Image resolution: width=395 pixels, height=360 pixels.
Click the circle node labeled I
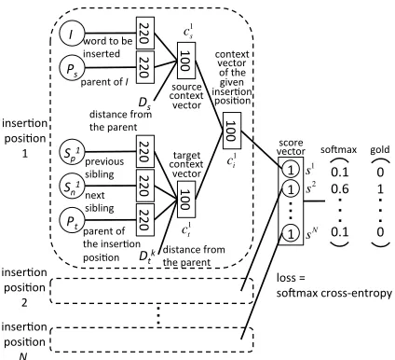pyautogui.click(x=72, y=34)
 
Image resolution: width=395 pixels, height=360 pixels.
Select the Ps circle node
pyautogui.click(x=72, y=68)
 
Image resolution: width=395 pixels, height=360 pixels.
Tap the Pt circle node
pyautogui.click(x=72, y=220)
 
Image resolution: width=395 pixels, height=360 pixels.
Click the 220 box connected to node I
pyautogui.click(x=145, y=33)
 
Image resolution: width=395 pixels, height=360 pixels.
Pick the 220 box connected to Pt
pyautogui.click(x=145, y=220)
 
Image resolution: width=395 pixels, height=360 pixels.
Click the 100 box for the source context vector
pyautogui.click(x=186, y=61)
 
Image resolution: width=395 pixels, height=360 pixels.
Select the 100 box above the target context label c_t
pyautogui.click(x=186, y=200)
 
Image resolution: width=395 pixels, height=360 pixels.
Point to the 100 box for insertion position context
pyautogui.click(x=232, y=131)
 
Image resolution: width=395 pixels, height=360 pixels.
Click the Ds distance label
pyautogui.click(x=144, y=104)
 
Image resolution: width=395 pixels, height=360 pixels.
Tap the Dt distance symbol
pyautogui.click(x=147, y=256)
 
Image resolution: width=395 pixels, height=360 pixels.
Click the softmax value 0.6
pyautogui.click(x=339, y=188)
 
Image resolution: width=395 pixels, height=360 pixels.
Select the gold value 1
pyautogui.click(x=380, y=188)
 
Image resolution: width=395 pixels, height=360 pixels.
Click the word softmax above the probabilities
pyautogui.click(x=338, y=150)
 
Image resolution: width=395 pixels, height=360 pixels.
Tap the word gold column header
pyautogui.click(x=380, y=150)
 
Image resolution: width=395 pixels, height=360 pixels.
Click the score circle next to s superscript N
pyautogui.click(x=291, y=234)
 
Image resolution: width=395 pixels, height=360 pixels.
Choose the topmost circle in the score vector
pyautogui.click(x=291, y=170)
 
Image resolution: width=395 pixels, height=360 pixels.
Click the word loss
pyautogui.click(x=286, y=278)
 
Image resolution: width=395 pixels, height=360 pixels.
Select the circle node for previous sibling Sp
pyautogui.click(x=72, y=152)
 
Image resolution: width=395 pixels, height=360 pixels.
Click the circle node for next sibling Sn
pyautogui.click(x=72, y=187)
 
